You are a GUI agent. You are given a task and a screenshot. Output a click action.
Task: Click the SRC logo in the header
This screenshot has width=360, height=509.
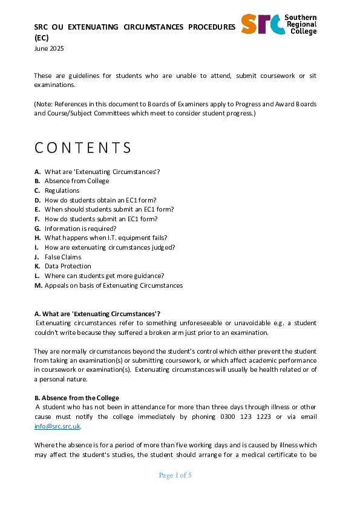point(263,23)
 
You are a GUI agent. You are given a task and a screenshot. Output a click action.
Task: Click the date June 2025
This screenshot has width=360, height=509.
point(48,48)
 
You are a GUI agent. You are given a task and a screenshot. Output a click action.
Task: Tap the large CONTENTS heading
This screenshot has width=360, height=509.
point(83,148)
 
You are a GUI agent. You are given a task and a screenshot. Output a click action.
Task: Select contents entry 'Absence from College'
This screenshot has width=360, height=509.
point(77,181)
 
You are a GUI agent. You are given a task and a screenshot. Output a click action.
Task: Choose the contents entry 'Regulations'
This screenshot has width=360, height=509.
point(62,190)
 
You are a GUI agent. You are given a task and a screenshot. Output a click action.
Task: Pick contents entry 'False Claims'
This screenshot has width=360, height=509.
point(63,257)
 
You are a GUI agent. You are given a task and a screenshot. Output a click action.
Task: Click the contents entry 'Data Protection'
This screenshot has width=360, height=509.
point(68,266)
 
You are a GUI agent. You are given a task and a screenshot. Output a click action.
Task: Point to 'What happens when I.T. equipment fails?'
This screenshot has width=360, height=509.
point(106,238)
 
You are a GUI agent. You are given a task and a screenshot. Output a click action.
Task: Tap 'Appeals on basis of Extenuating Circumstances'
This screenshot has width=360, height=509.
point(113,285)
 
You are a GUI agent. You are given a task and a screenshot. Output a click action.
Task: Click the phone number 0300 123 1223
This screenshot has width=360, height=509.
point(254,417)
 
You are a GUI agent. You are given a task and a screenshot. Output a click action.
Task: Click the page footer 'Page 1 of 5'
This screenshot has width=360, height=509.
point(175,476)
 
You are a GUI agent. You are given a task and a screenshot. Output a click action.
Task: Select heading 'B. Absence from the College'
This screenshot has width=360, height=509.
point(76,398)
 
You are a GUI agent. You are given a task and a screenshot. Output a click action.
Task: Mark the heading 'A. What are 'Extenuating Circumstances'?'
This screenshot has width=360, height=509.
point(97,313)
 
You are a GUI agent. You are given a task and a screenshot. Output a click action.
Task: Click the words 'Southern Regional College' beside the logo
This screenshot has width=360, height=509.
point(302,24)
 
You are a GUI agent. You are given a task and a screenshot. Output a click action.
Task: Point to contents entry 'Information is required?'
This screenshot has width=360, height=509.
point(80,229)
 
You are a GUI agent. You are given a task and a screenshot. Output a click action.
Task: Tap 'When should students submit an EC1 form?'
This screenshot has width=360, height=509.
point(109,209)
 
